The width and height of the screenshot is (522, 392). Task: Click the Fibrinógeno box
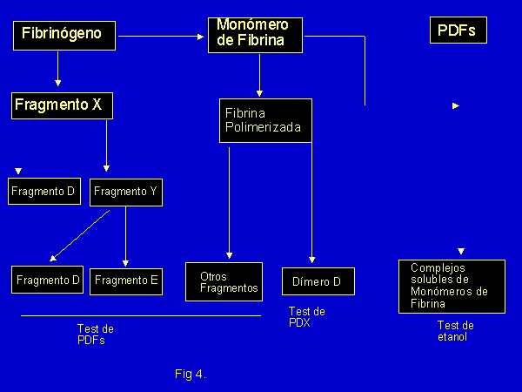tap(64, 35)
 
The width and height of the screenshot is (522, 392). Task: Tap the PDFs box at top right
tap(458, 30)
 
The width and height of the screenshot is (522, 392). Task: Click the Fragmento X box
tap(63, 105)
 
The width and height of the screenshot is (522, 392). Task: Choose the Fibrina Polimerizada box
tap(264, 120)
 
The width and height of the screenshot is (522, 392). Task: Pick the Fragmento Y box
tap(125, 192)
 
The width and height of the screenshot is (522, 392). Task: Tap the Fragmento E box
tap(127, 280)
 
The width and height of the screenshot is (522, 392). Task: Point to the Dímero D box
tap(318, 281)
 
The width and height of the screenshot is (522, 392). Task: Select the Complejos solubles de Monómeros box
tap(452, 286)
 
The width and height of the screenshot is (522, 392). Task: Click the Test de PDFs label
tap(96, 335)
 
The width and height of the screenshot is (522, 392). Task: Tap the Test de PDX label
tap(307, 317)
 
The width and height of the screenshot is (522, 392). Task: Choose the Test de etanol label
tap(455, 331)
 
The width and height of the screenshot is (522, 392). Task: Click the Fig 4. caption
tap(190, 374)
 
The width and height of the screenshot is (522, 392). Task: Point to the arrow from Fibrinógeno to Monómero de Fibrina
tap(162, 36)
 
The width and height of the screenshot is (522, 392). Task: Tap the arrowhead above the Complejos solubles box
tap(461, 251)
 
